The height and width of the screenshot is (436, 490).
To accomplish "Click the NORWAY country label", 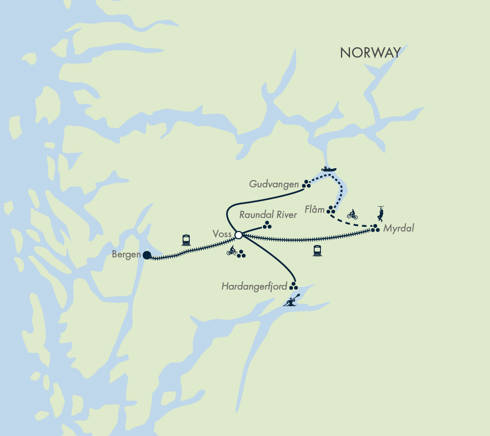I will coord(370,52).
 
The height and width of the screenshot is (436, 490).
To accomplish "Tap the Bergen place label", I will coord(126,255).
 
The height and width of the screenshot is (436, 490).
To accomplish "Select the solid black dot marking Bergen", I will coord(147,255).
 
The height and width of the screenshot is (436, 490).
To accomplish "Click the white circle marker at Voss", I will coord(239,235).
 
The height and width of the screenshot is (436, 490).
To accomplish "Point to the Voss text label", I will coord(222,235).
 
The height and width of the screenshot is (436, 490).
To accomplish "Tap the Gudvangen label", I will coord(274,184).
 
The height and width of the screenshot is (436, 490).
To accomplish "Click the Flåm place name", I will coord(315,210).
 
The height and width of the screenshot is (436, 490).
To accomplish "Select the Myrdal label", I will coord(399,228).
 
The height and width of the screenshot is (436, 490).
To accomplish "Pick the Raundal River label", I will coord(268,214).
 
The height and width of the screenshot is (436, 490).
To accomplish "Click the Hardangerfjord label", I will coord(255,286).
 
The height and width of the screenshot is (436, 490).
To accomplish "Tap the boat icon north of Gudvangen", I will coord(329,169).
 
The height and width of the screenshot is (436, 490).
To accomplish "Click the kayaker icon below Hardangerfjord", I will coord(292,301).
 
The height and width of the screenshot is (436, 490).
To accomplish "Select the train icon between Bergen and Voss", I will coord(186,240).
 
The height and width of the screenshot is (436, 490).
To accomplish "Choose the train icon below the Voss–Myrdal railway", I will coord(317,251).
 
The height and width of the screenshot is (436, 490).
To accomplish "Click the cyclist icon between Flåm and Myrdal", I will coord(353,214).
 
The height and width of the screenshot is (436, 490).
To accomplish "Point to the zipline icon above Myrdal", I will coord(381,213).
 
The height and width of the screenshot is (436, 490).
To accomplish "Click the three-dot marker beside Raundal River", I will coord(267,225).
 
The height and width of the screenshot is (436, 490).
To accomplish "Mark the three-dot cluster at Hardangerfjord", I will coord(293,286).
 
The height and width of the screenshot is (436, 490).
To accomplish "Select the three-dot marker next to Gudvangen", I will coord(306,184).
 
